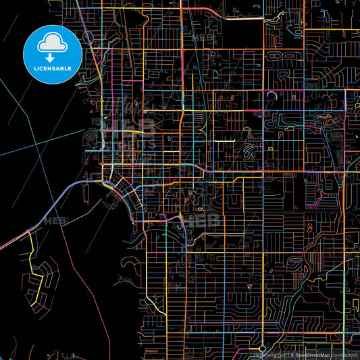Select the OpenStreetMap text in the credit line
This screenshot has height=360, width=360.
pos(311,354)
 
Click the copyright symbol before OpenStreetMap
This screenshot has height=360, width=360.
pos(292,354)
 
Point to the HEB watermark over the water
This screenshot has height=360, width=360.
pos(53,221)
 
